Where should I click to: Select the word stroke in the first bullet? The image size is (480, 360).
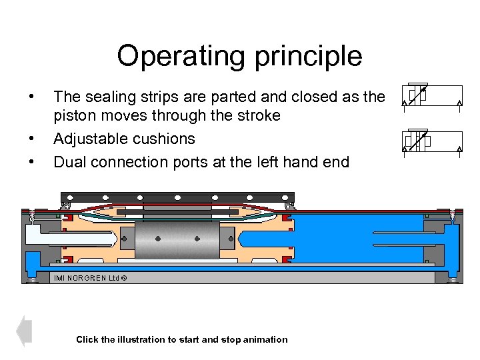(x=257, y=116)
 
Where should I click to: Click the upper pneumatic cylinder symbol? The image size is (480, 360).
(x=432, y=95)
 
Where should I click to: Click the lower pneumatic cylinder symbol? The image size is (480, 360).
(x=432, y=141)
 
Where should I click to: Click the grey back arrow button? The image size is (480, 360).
(x=24, y=331)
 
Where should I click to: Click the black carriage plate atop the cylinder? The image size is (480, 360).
(x=177, y=198)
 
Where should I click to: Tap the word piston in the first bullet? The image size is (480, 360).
(x=75, y=116)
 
